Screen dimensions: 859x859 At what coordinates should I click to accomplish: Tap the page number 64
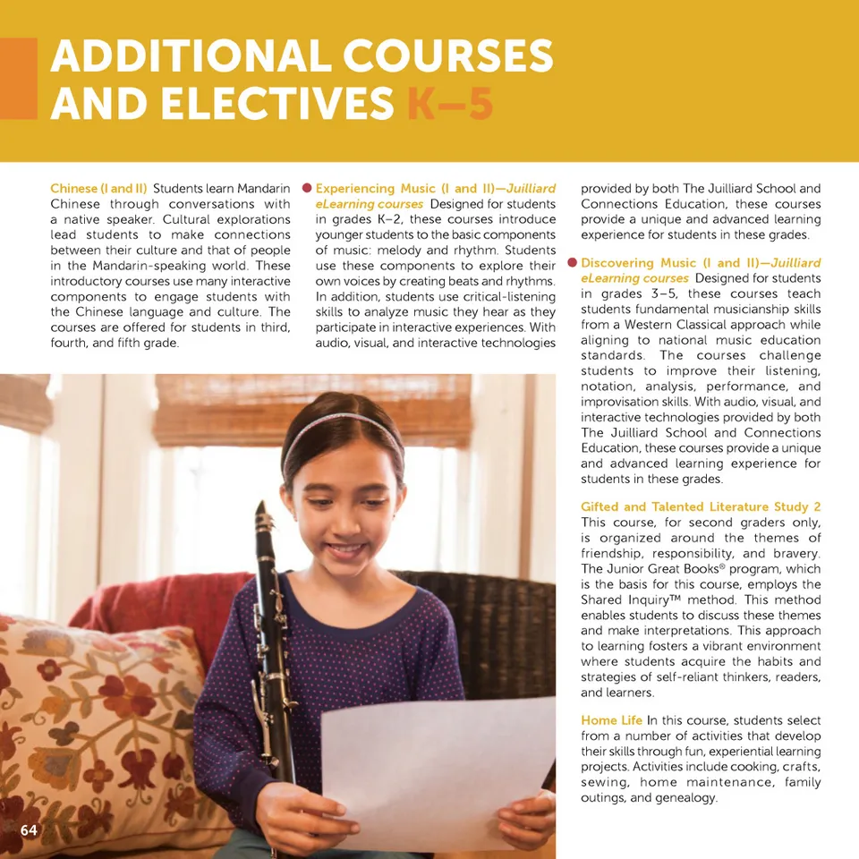point(29,830)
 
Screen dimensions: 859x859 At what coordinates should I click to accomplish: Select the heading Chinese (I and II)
point(98,189)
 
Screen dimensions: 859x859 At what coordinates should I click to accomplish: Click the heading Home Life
point(611,720)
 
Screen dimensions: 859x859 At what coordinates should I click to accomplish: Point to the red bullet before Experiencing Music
point(306,189)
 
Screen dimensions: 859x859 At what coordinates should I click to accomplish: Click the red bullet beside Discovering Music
point(572,263)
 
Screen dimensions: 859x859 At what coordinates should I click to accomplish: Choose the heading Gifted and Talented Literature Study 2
point(700,506)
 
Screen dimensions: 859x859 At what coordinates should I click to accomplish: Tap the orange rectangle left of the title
point(18,79)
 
